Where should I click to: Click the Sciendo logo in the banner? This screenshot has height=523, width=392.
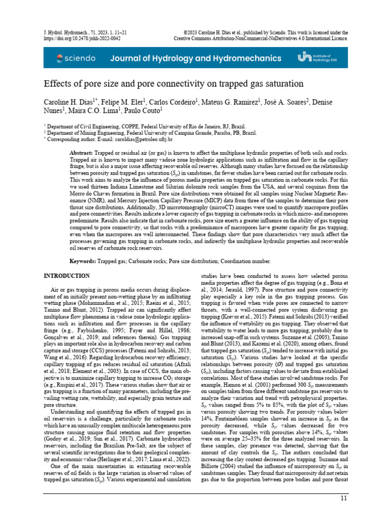[77, 58]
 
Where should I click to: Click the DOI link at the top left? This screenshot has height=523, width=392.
[76, 38]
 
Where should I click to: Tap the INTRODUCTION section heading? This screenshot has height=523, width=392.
[66, 276]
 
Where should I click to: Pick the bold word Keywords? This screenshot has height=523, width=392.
[83, 261]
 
